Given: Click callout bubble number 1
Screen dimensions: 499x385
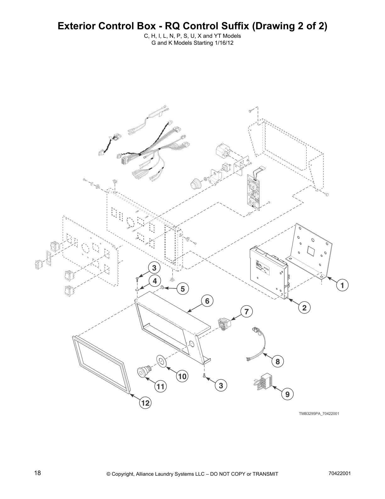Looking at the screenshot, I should (342, 285).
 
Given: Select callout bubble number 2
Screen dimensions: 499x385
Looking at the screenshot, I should (304, 307).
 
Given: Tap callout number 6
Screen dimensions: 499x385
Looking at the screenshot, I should (207, 301).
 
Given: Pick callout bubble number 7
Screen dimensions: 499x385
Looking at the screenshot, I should (247, 312).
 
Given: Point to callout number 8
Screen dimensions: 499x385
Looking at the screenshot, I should (277, 361).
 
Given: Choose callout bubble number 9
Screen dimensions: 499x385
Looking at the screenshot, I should (287, 394).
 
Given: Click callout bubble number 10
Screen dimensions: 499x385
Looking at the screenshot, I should (182, 376).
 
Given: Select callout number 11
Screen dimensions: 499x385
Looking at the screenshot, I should (160, 386).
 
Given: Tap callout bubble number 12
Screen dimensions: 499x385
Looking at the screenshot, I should (145, 403).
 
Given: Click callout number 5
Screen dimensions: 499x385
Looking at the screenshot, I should (182, 288).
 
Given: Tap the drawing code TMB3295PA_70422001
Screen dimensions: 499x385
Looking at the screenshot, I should (319, 414).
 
